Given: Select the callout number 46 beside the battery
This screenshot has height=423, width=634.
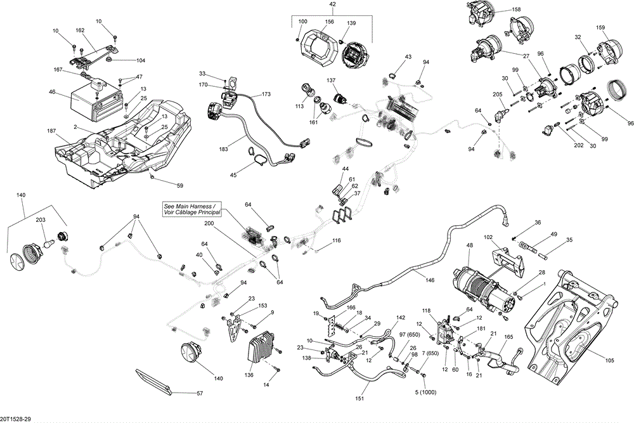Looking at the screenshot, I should coord(52,93).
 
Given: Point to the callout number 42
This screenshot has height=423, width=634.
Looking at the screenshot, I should coord(332,4).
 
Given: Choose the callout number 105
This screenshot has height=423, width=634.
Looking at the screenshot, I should coord(610,361).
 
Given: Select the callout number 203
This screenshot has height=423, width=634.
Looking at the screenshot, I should coord(40,219).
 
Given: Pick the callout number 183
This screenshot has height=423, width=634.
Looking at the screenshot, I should coord(223,149).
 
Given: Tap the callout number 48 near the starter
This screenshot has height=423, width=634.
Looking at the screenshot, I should coord(470,245).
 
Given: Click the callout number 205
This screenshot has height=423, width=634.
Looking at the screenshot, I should coord(498,94).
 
